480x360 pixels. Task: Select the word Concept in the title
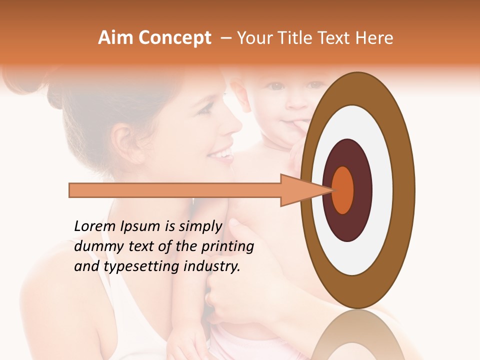pyautogui.click(x=174, y=38)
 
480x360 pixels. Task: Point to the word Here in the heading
pyautogui.click(x=375, y=38)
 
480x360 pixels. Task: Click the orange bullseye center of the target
pyautogui.click(x=342, y=190)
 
